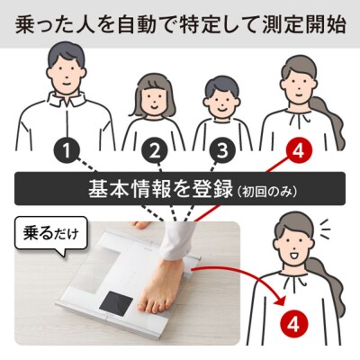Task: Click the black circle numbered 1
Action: [x=67, y=151]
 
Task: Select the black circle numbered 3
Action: [x=222, y=151]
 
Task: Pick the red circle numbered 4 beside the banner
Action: [x=299, y=151]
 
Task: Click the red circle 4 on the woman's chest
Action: [x=293, y=324]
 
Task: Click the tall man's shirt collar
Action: [x=67, y=101]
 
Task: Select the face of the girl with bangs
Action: [x=154, y=100]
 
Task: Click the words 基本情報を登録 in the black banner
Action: [x=160, y=190]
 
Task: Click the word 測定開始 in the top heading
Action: [x=304, y=23]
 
